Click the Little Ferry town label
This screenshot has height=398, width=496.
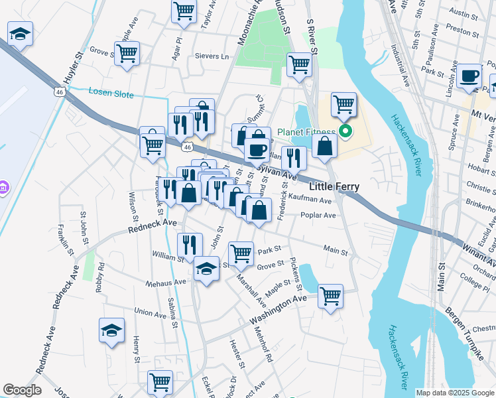[334, 187]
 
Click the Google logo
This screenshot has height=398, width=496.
[22, 390]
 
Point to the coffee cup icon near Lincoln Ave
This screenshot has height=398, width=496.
[469, 76]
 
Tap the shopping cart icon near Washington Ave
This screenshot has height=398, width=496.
[330, 295]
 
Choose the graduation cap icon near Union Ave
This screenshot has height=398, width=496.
[111, 330]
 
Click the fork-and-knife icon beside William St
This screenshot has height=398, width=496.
[190, 244]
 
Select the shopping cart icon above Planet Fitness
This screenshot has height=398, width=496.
[343, 103]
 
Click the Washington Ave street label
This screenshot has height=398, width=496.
[278, 310]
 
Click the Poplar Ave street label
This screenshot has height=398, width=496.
[318, 216]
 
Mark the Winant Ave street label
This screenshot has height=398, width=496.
[479, 253]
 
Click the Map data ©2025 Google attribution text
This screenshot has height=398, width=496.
[454, 393]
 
